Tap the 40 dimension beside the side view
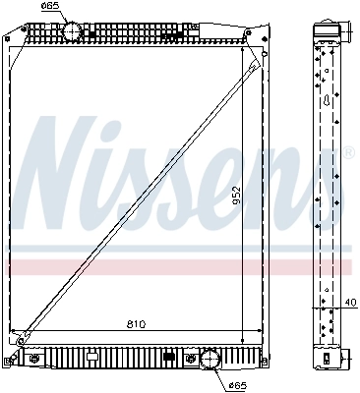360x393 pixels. click(350, 303)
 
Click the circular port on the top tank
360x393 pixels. click(74, 30)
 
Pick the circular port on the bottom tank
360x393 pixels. click(211, 361)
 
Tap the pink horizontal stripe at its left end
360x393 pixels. click(12, 266)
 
